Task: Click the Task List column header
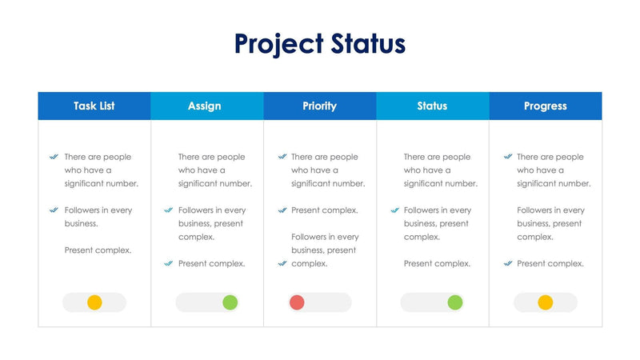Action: [x=95, y=106]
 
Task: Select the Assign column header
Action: [x=205, y=106]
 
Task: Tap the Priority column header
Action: [x=319, y=106]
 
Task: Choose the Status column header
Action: [x=432, y=106]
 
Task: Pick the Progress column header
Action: [x=545, y=106]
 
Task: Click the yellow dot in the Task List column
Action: [x=94, y=302]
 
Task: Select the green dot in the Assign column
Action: [x=230, y=302]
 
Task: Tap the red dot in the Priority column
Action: [x=297, y=302]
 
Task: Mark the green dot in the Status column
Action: [x=454, y=302]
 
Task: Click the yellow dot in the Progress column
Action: [x=545, y=302]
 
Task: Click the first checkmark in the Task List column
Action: [x=54, y=157]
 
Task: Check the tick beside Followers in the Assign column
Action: [x=168, y=210]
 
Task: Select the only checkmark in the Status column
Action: [x=395, y=210]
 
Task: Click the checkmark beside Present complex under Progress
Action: [x=508, y=263]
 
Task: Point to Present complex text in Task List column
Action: [x=98, y=250]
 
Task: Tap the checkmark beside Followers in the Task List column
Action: [x=54, y=210]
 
